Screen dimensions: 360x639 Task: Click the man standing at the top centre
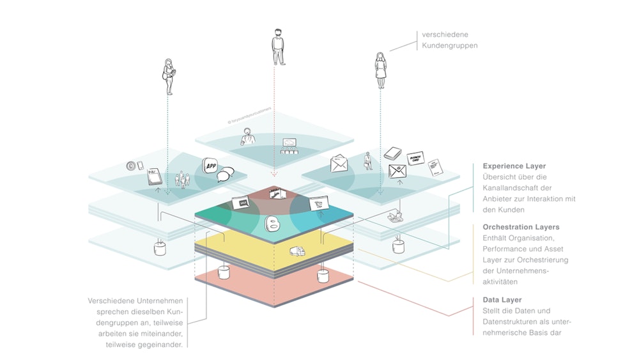click(279, 46)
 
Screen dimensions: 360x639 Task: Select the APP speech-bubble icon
click(212, 166)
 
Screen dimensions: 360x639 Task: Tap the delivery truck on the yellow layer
click(297, 251)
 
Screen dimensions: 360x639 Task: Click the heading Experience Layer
click(514, 166)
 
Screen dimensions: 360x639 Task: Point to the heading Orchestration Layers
click(521, 227)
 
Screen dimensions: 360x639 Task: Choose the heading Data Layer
click(502, 299)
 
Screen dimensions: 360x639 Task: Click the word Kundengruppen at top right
click(449, 45)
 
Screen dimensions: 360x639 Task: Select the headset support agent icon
click(247, 136)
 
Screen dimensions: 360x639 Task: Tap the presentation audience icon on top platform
click(290, 148)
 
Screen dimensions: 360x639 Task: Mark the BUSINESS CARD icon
click(416, 157)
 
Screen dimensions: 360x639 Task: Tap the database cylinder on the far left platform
click(159, 246)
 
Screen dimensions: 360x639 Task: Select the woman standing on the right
click(381, 70)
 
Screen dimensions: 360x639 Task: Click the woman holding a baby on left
click(169, 74)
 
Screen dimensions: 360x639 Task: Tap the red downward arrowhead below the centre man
click(274, 174)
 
